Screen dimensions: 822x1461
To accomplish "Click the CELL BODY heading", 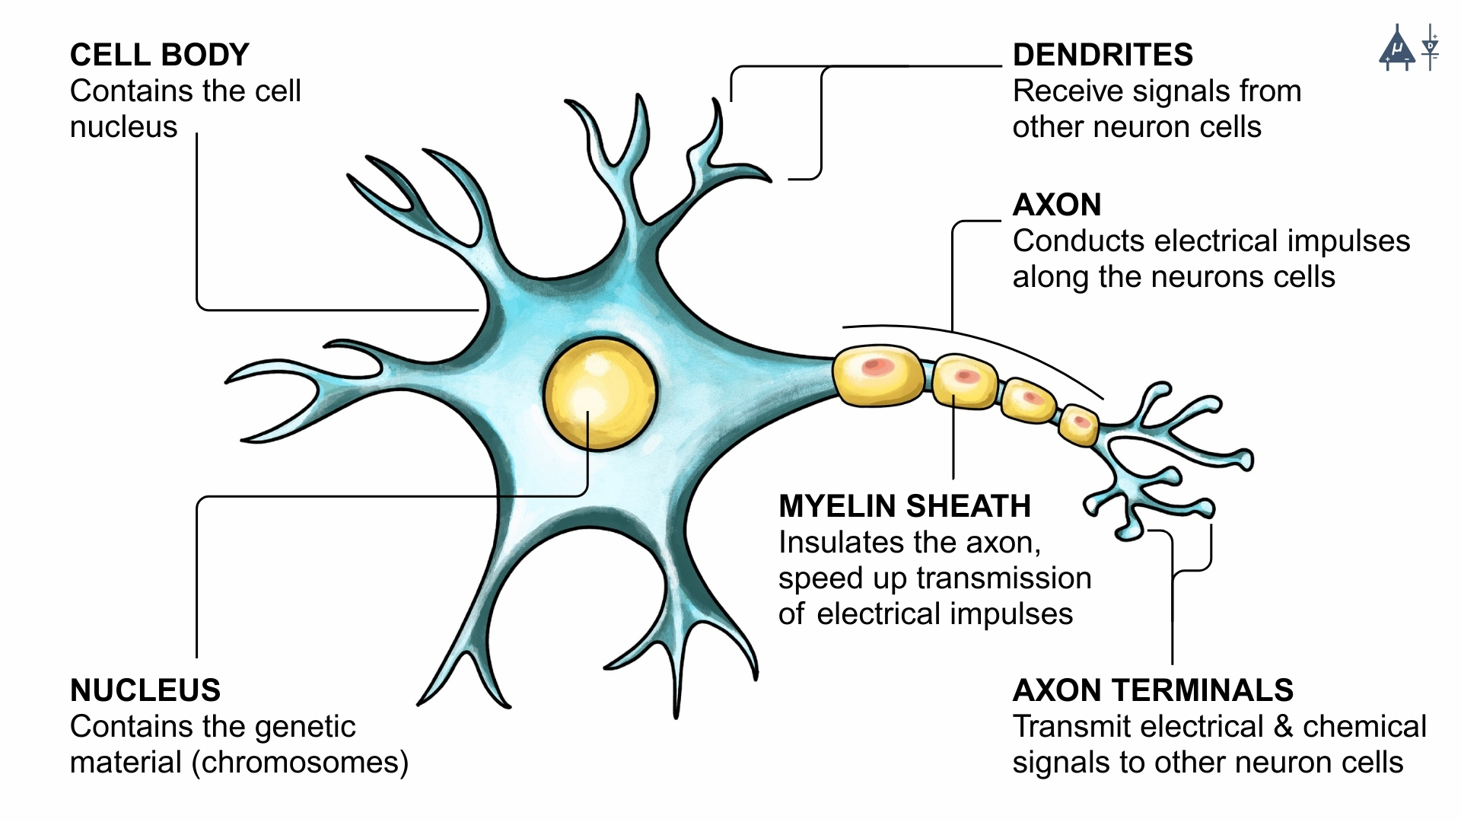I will (x=160, y=55).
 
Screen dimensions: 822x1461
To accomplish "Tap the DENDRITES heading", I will (x=1103, y=55).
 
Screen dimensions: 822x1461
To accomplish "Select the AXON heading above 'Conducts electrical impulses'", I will (x=1057, y=205).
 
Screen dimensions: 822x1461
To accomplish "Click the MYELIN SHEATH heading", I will (x=905, y=506).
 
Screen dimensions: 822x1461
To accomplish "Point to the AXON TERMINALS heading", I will (x=1153, y=690).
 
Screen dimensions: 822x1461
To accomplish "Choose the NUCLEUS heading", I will (x=145, y=690).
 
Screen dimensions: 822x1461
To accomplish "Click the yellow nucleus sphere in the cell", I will (x=600, y=394).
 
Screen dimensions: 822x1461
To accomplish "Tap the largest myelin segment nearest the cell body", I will (x=879, y=375).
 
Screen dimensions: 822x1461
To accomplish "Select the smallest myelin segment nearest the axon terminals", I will (x=1079, y=425).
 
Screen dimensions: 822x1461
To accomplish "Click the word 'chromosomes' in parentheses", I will (x=300, y=763).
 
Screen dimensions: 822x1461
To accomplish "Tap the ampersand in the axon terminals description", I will (x=1283, y=727).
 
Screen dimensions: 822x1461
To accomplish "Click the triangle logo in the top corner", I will (x=1397, y=50).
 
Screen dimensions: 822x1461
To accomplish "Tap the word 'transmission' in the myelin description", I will (x=1004, y=578).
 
